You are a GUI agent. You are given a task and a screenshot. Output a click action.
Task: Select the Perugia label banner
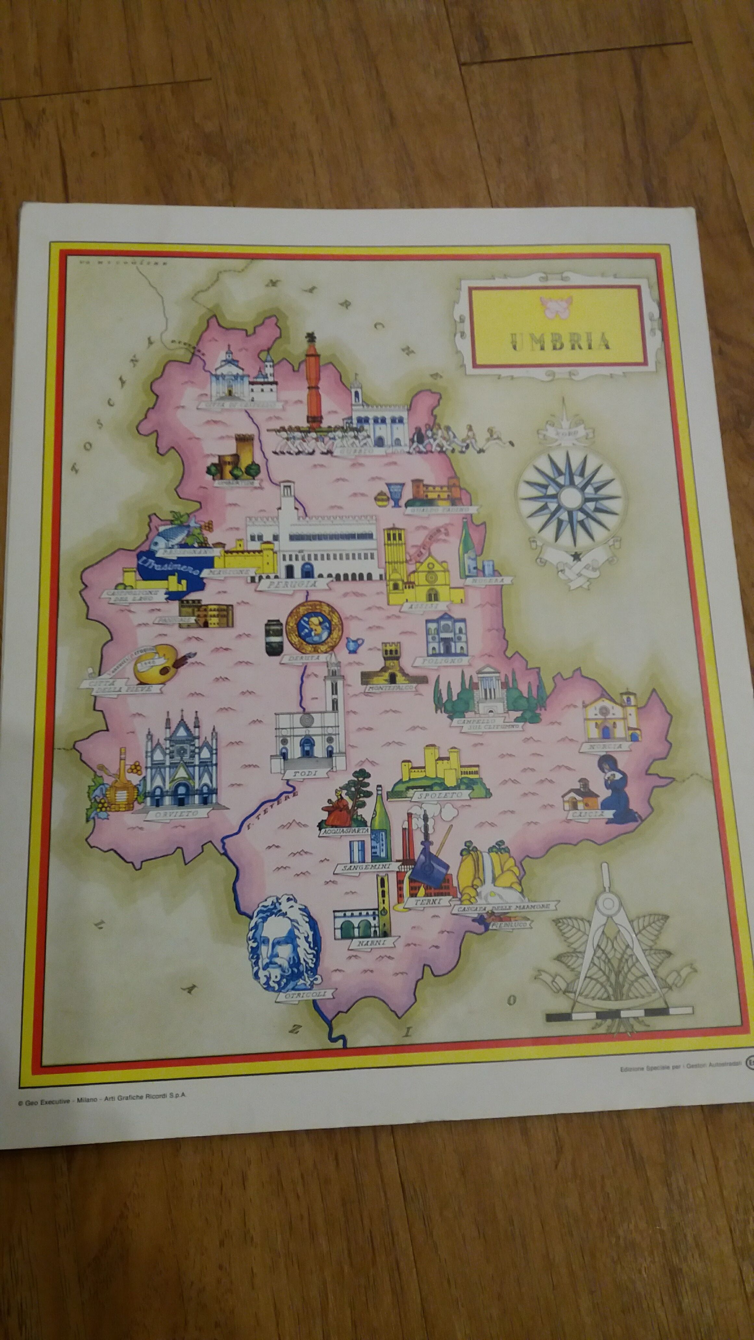(x=293, y=585)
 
